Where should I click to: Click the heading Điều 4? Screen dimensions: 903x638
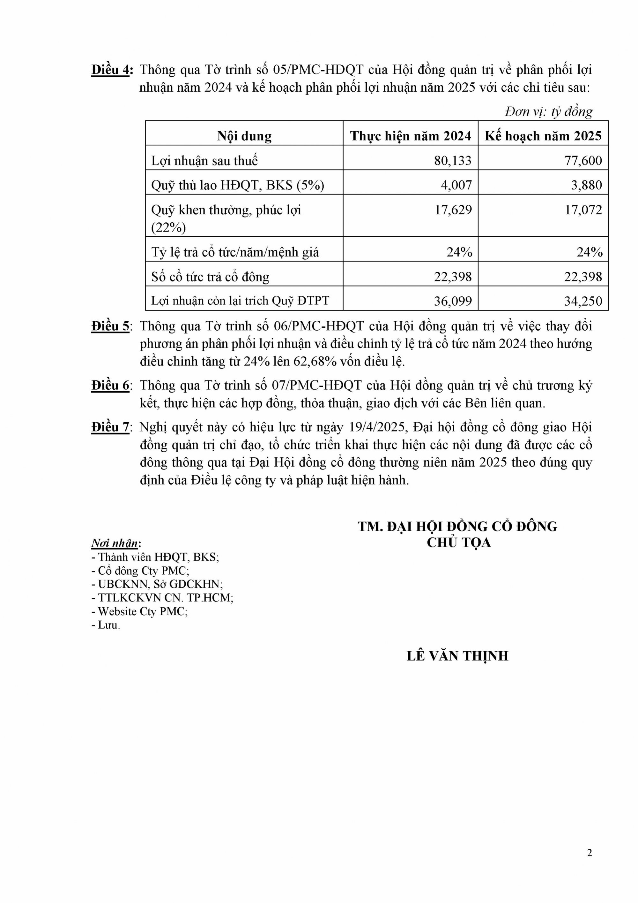(x=112, y=70)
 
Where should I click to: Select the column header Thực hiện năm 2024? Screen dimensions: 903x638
(x=410, y=136)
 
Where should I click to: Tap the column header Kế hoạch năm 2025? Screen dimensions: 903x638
(x=543, y=136)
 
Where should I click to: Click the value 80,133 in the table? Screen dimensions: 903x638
(x=453, y=160)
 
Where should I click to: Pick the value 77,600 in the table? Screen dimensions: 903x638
(x=583, y=160)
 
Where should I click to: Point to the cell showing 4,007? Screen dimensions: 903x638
(x=456, y=185)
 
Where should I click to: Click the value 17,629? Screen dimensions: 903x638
(x=453, y=210)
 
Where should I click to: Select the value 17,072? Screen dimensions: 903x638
(x=583, y=210)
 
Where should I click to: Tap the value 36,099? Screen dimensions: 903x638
(x=453, y=301)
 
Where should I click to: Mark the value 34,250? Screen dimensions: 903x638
(x=583, y=301)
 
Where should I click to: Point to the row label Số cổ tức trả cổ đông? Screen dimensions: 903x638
(x=210, y=277)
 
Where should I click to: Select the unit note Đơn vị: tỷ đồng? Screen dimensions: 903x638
(x=548, y=112)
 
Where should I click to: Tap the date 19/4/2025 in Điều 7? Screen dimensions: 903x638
(x=378, y=427)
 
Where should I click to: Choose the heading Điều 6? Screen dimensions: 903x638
(x=111, y=386)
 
